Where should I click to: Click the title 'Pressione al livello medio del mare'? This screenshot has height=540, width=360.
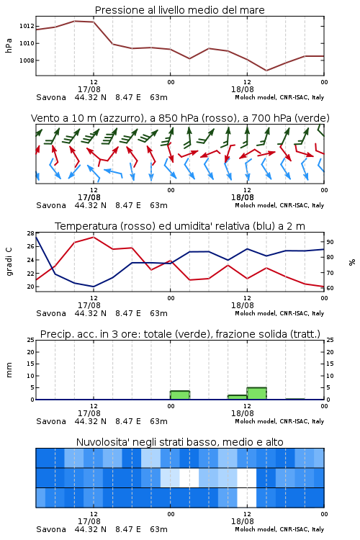pos(180,10)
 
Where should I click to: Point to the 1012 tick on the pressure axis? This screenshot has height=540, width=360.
pos(27,26)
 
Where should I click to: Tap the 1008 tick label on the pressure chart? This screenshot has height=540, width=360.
pos(27,60)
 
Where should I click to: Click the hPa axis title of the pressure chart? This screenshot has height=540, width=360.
pos(9,45)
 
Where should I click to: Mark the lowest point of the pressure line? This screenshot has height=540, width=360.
pos(266,71)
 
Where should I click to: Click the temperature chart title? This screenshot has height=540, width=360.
pos(180,226)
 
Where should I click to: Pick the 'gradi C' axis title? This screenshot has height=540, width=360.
pos(9,261)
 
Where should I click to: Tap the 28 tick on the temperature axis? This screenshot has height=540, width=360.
pos(31,233)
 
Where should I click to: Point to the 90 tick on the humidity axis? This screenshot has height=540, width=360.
pos(330,242)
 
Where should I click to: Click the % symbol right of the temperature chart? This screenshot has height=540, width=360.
pos(352,262)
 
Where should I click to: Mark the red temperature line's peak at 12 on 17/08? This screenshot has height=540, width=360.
pos(94,237)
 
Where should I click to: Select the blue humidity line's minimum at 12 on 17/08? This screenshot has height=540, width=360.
pos(94,287)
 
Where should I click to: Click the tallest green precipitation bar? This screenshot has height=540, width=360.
pos(256,393)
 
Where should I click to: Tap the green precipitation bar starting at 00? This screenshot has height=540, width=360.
pos(180,395)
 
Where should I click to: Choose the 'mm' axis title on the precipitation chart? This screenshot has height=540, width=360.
pos(9,370)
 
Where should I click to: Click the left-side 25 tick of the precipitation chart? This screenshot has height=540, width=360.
pos(31,341)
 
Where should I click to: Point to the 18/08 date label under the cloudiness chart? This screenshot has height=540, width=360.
pos(243,521)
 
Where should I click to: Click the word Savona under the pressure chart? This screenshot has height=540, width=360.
pos(51,97)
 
